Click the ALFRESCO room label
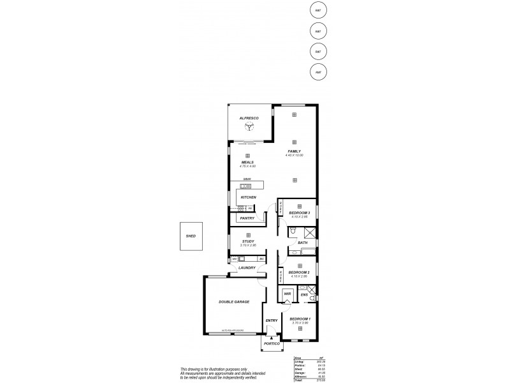pyautogui.click(x=249, y=119)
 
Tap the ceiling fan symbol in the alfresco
pyautogui.click(x=249, y=128)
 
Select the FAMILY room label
pyautogui.click(x=294, y=151)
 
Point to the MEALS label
pyautogui.click(x=247, y=162)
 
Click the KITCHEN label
pyautogui.click(x=249, y=198)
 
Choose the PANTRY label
pyautogui.click(x=247, y=218)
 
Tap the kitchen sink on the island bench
pyautogui.click(x=247, y=186)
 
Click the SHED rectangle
pyautogui.click(x=191, y=236)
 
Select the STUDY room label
pyautogui.click(x=248, y=241)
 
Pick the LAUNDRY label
pyautogui.click(x=247, y=268)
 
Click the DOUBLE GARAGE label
pyautogui.click(x=234, y=301)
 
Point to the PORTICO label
pyautogui.click(x=272, y=343)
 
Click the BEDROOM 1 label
pyautogui.click(x=300, y=319)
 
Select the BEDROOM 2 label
pyautogui.click(x=299, y=272)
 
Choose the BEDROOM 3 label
pyautogui.click(x=299, y=213)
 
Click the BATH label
pyautogui.click(x=303, y=243)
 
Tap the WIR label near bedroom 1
pyautogui.click(x=287, y=294)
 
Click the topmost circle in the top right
pyautogui.click(x=317, y=10)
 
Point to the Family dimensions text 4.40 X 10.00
pyautogui.click(x=294, y=156)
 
